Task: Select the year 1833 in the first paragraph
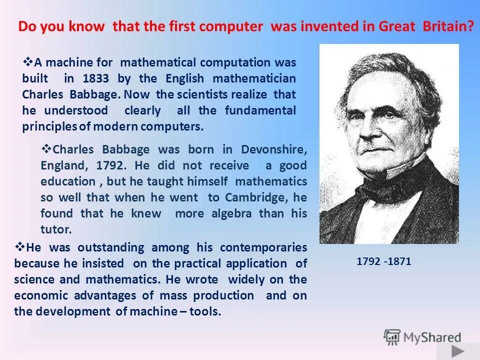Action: (x=95, y=78)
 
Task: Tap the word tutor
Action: (x=55, y=229)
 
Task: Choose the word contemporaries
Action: (x=263, y=247)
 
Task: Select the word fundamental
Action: (x=260, y=110)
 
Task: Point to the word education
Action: (x=67, y=181)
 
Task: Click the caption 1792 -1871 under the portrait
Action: (x=384, y=261)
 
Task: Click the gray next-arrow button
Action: (x=458, y=351)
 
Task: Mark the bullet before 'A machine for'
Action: (x=28, y=62)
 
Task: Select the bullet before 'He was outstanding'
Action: (x=20, y=246)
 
